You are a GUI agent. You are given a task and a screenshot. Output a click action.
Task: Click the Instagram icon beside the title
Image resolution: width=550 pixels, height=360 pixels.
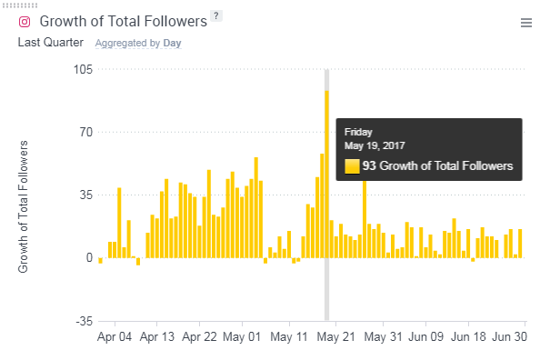tap(25, 22)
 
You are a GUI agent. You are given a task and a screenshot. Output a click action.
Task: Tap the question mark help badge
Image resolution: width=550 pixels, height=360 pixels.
tap(215, 15)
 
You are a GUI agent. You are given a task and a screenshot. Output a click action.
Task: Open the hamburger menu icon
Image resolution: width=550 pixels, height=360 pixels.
tap(526, 23)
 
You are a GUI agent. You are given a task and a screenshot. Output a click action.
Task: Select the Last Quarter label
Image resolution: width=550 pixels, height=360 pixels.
tap(51, 42)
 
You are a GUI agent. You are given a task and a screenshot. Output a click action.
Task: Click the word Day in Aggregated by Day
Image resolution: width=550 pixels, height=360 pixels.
tap(172, 43)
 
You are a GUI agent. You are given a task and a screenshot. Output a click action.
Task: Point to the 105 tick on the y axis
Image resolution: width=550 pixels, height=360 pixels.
tap(82, 70)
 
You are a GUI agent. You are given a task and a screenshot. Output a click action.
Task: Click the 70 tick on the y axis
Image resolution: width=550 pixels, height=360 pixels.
tap(85, 133)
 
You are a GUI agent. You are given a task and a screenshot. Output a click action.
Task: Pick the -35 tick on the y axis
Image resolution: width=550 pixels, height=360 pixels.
tap(83, 321)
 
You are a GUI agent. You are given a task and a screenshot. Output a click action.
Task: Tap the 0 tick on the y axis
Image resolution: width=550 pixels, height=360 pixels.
tap(88, 258)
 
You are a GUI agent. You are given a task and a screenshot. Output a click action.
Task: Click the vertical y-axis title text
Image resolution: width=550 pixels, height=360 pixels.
tap(25, 207)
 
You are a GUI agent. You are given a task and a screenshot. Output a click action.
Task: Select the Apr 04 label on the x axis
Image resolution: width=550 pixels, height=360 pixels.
tap(115, 336)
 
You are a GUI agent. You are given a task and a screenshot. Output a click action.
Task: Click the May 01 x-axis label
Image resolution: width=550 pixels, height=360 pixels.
tap(243, 336)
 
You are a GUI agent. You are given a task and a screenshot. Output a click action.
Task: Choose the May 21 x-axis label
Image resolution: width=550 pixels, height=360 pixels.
tap(335, 336)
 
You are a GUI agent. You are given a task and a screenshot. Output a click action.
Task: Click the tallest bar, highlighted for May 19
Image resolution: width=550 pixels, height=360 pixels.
tap(326, 173)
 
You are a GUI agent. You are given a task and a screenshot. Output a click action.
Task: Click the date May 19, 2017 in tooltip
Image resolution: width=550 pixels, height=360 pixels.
tap(375, 145)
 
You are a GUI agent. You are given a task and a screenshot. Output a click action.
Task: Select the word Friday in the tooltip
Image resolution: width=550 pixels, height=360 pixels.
tap(358, 132)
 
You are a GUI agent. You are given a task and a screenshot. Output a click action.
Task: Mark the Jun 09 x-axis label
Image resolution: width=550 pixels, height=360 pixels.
tap(425, 336)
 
